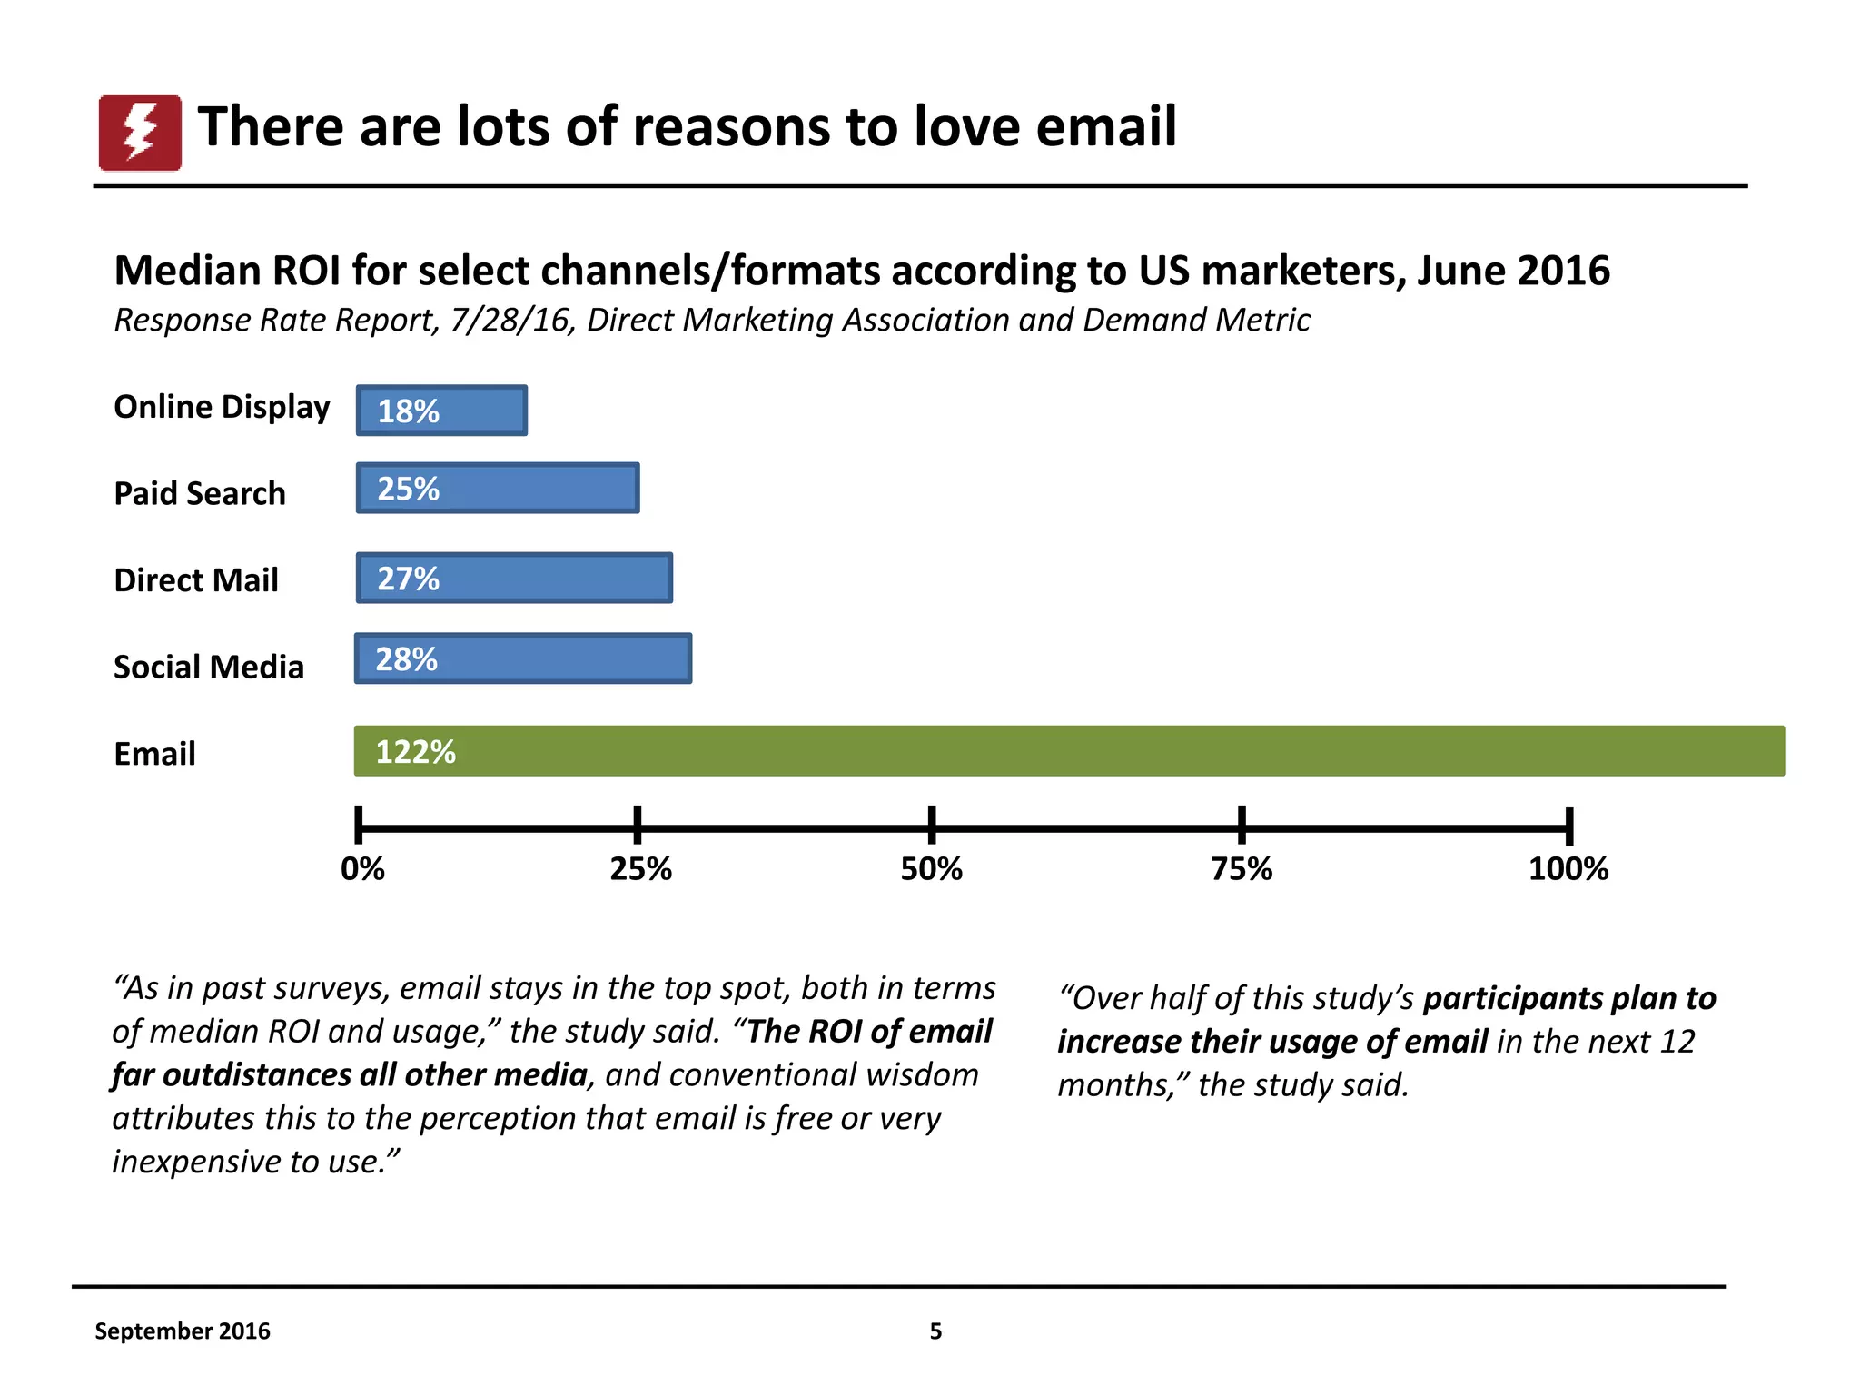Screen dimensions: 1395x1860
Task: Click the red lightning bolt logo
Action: pos(140,133)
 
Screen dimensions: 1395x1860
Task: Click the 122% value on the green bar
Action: pos(415,752)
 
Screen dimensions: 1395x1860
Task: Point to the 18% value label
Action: pos(408,411)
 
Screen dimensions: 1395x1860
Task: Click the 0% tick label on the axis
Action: pos(362,869)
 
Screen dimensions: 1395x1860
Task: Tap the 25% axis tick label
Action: pos(640,869)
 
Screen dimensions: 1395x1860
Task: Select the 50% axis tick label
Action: pos(931,869)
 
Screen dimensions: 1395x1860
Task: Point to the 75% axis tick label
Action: pos(1242,869)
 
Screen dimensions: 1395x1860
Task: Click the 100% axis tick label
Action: pos(1568,869)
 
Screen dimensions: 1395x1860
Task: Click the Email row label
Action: pos(154,754)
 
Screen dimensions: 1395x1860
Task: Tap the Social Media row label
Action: pos(209,667)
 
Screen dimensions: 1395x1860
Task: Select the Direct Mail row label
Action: pos(196,580)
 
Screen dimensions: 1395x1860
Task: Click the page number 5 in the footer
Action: pos(935,1331)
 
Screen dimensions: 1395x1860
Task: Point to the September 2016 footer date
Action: pos(183,1331)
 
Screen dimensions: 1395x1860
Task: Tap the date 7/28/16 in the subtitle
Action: pos(512,321)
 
